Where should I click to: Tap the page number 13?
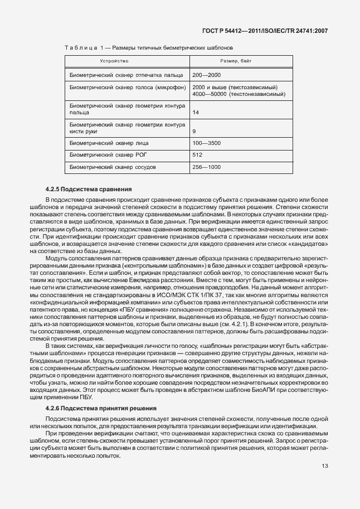pos(325,466)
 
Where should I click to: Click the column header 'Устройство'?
pos(114,60)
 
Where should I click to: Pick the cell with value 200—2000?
pos(206,75)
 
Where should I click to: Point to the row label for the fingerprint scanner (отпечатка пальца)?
pos(114,75)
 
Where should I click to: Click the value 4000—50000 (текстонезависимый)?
pos(239,94)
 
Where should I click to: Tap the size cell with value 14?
pos(196,113)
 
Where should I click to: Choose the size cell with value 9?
pos(194,132)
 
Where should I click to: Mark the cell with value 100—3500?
pos(206,143)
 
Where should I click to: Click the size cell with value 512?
pos(197,155)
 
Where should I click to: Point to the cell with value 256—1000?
pos(206,167)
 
